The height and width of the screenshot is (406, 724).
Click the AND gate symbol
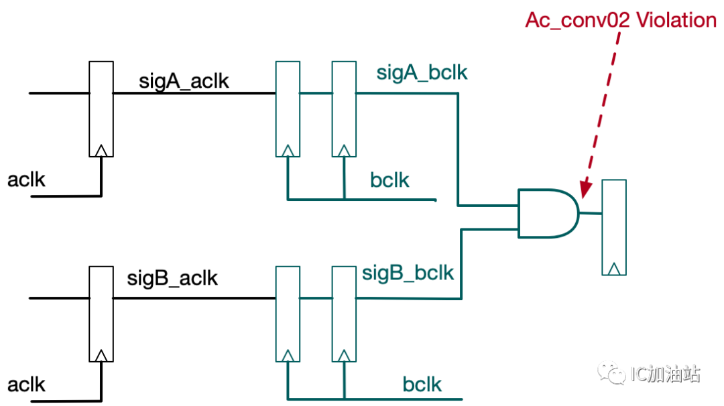(548, 213)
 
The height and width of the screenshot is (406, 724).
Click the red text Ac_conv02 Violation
(621, 20)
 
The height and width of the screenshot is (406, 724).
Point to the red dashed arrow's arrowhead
(585, 189)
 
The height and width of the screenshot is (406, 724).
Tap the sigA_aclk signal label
(184, 82)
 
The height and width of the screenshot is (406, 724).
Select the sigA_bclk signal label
(422, 73)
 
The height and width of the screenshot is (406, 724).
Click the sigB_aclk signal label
(172, 278)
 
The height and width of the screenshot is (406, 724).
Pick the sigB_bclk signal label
(408, 273)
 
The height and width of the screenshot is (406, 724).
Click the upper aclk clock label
(26, 180)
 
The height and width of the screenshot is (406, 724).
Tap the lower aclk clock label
(26, 385)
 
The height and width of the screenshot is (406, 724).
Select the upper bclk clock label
(389, 180)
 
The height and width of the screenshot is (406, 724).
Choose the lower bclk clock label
(422, 385)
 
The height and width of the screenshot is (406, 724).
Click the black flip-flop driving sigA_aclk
(101, 109)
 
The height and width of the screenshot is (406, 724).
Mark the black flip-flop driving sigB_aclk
(101, 314)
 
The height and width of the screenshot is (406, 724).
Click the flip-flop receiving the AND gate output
(614, 227)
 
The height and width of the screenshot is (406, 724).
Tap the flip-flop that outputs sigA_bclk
(344, 109)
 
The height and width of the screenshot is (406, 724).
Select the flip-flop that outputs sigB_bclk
(344, 314)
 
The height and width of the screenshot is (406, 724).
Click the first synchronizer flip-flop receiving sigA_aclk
(288, 109)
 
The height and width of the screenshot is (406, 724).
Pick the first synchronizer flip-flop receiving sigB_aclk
(288, 314)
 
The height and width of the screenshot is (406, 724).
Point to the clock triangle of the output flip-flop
(614, 269)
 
